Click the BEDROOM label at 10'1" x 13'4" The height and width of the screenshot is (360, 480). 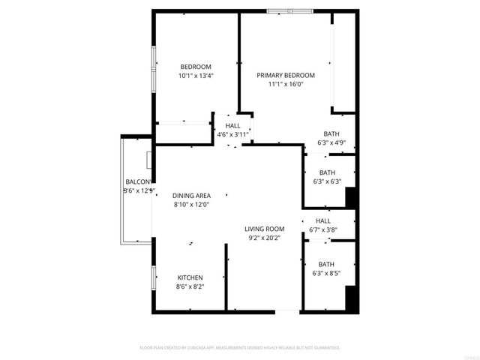[196, 66]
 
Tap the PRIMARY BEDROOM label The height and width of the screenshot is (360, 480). [286, 75]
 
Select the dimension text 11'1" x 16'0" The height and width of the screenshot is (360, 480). [286, 84]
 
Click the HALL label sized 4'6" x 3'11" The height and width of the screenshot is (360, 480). [232, 125]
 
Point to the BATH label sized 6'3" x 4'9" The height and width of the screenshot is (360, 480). [331, 133]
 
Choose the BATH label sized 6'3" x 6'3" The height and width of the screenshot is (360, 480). [327, 172]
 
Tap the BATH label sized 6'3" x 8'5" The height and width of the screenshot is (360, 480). [326, 264]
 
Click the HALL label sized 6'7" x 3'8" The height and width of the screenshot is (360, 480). [323, 221]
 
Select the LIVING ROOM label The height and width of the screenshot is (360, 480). [264, 229]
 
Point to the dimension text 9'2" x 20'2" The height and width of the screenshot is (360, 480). [264, 238]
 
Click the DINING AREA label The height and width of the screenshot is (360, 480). [191, 195]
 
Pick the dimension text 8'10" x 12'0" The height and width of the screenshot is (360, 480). [191, 204]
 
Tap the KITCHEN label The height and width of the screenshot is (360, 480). [190, 277]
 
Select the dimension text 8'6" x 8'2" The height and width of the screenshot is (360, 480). [190, 286]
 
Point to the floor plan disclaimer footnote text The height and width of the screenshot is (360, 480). [240, 348]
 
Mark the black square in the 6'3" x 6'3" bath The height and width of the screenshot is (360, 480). [349, 197]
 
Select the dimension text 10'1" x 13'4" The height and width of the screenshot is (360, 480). [196, 75]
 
